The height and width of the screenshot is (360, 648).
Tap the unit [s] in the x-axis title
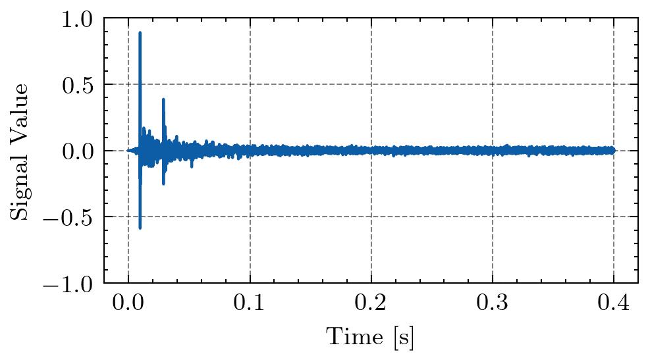pos(404,338)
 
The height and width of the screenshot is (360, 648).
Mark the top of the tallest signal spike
pos(140,32)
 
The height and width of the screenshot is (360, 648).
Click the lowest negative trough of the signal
pos(140,228)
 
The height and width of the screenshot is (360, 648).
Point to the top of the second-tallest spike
pos(163,99)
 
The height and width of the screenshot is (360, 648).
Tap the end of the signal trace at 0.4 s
pos(613,151)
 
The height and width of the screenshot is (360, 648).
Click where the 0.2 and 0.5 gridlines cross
pos(371,84)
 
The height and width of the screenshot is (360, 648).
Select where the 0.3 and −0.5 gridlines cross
pos(493,217)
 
